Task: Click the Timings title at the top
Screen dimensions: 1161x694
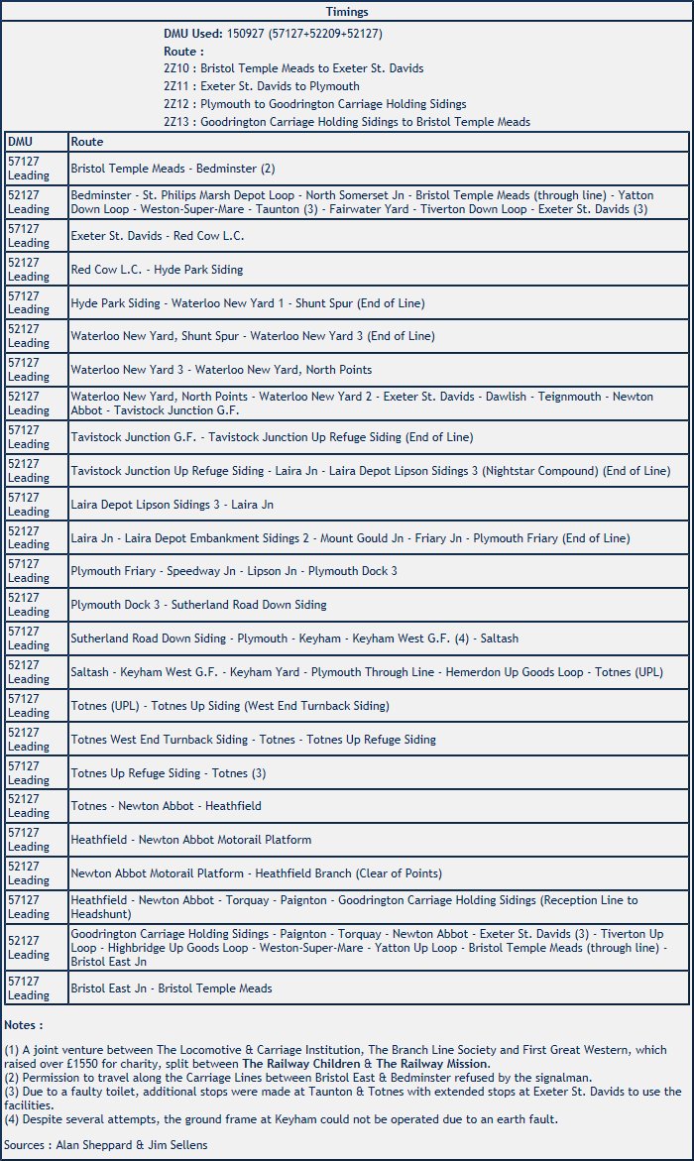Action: [347, 12]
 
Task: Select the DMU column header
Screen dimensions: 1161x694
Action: [20, 142]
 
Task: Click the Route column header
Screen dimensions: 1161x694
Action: [86, 142]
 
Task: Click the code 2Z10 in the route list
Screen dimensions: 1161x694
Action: [178, 68]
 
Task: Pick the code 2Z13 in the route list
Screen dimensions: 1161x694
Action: [178, 122]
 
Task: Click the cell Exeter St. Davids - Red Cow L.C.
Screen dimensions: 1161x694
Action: [157, 236]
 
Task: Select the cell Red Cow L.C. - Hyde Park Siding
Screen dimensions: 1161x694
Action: [157, 270]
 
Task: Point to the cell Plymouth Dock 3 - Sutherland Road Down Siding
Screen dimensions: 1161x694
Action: [198, 605]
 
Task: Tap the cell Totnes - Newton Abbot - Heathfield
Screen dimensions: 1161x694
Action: [166, 806]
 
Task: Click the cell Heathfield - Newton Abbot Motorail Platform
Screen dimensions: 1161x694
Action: [190, 840]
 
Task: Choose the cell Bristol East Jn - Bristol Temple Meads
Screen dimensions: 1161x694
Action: [171, 988]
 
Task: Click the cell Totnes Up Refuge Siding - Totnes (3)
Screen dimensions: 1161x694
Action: [168, 773]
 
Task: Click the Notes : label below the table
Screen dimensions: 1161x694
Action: [24, 1024]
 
